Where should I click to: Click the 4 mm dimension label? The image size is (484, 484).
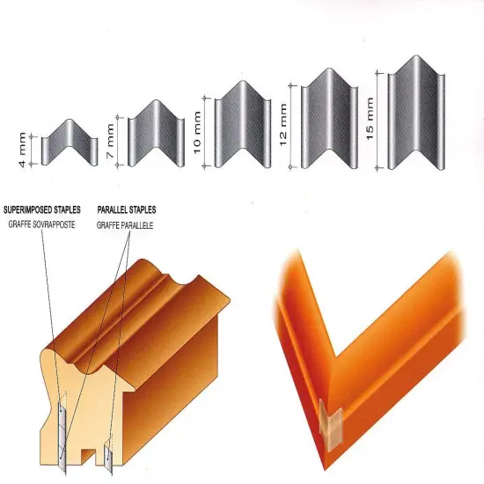point(23,150)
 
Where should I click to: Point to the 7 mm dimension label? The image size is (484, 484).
point(110,141)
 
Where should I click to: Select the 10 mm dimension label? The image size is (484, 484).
point(197,132)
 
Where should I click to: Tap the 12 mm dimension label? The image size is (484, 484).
point(282,124)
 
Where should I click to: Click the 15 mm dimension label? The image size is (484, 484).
point(370,119)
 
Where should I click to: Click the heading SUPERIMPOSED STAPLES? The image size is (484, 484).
point(42,210)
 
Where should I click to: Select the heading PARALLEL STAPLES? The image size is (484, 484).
point(127,210)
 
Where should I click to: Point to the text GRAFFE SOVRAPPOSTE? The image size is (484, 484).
point(41,224)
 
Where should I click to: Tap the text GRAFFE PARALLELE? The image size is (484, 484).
point(125,225)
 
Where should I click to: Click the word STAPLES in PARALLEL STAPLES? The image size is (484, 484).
point(141,210)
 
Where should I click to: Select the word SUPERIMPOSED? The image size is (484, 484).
point(28,210)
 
